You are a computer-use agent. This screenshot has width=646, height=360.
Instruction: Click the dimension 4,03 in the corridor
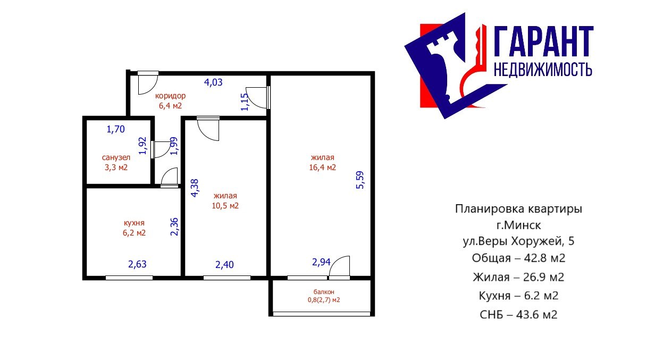tap(213, 82)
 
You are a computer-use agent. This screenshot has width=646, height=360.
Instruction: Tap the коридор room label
tap(170, 96)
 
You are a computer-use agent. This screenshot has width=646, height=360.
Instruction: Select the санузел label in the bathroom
tap(116, 157)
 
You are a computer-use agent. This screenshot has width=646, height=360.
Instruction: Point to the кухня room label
tap(134, 223)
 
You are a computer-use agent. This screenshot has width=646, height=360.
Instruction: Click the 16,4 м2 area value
tap(322, 168)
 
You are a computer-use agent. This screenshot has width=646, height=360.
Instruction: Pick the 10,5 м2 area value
tap(225, 206)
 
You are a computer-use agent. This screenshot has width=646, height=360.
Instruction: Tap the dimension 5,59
tap(360, 180)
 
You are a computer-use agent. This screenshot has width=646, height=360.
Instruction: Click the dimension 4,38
tap(195, 188)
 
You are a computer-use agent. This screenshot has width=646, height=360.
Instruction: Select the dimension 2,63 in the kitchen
tap(137, 264)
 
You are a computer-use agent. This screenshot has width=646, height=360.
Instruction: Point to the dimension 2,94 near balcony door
tap(321, 262)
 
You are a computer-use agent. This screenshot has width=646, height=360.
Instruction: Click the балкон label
tap(324, 292)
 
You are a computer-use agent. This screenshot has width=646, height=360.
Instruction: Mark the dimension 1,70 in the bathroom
tap(116, 129)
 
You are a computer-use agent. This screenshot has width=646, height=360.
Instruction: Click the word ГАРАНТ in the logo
tap(543, 41)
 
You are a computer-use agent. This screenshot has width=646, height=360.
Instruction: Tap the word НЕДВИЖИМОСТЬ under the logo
tap(543, 70)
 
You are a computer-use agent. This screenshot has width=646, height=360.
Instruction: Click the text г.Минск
tap(518, 225)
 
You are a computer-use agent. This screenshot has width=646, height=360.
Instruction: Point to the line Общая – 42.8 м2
tap(518, 258)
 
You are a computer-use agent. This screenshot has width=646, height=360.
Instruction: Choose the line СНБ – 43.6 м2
tap(518, 315)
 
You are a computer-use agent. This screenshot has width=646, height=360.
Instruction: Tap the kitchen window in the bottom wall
tap(129, 278)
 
